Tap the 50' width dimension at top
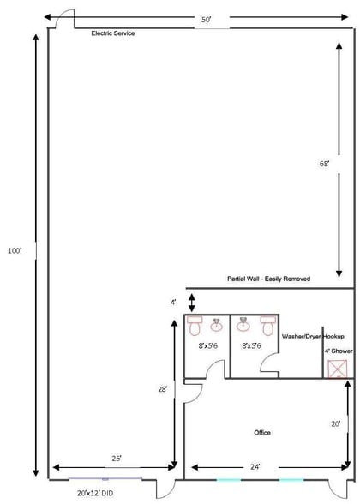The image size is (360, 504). (x=207, y=18)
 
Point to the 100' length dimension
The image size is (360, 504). (x=15, y=251)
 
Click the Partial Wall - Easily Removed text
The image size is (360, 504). (x=268, y=279)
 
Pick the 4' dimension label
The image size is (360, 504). (x=173, y=302)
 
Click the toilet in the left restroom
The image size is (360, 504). (x=195, y=327)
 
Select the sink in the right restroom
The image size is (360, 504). (x=244, y=324)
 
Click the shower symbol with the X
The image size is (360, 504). (x=338, y=369)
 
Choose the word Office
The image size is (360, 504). (x=262, y=432)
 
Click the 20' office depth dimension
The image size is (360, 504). (x=336, y=423)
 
